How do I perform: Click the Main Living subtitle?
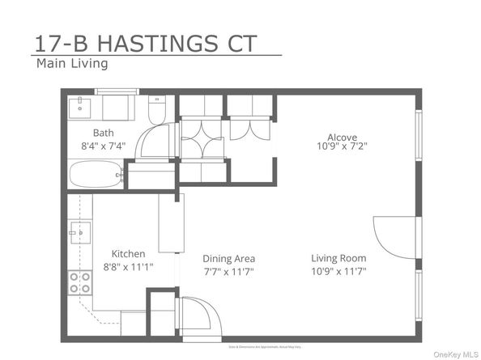pos(73,63)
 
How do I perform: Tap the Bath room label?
pos(104,133)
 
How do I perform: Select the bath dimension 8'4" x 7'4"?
pos(104,146)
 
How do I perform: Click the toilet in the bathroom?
pos(159,107)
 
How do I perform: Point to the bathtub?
pos(96,173)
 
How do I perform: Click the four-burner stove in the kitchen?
pos(80,282)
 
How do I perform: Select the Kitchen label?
pos(128,254)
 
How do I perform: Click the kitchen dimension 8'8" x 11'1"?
pos(128,267)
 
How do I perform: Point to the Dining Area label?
pos(228,259)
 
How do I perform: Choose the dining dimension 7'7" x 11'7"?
pos(228,272)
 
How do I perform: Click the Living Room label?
pos(338,259)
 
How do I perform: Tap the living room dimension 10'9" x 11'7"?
pos(338,272)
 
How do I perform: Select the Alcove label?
pos(343,137)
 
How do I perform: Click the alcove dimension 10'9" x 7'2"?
pos(343,147)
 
